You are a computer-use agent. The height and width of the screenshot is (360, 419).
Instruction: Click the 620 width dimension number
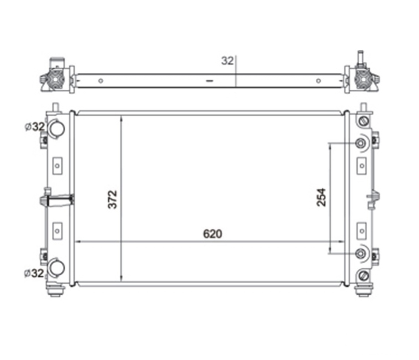[212, 234]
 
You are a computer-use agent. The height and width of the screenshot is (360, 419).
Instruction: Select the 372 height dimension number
[113, 199]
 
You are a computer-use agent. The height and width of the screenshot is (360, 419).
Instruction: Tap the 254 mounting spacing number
[321, 197]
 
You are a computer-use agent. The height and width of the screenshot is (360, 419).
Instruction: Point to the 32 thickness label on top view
[227, 61]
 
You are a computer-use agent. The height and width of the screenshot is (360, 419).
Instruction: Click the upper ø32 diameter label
[35, 127]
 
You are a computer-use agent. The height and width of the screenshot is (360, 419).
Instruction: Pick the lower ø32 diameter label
[34, 273]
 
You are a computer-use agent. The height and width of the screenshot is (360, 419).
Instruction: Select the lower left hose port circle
[57, 268]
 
